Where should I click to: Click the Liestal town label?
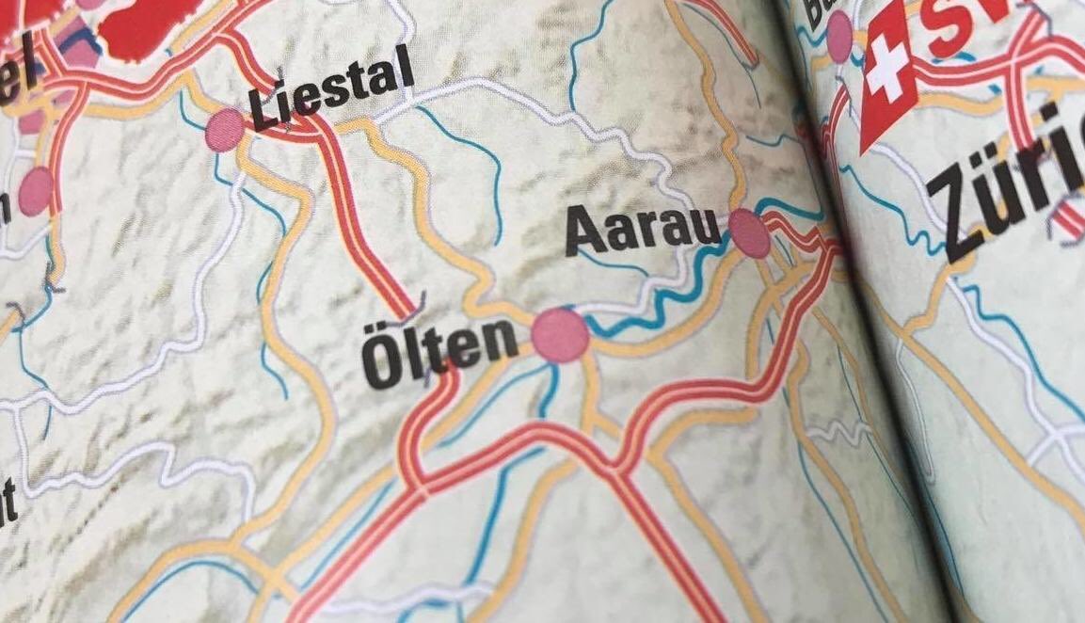[x=332, y=90]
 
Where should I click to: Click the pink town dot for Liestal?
[x=225, y=130]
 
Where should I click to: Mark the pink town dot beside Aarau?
[x=751, y=233]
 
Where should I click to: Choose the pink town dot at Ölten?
[x=560, y=335]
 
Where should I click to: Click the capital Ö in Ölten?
[x=383, y=362]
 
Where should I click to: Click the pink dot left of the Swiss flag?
[x=838, y=36]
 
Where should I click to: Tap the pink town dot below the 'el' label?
[x=37, y=191]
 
